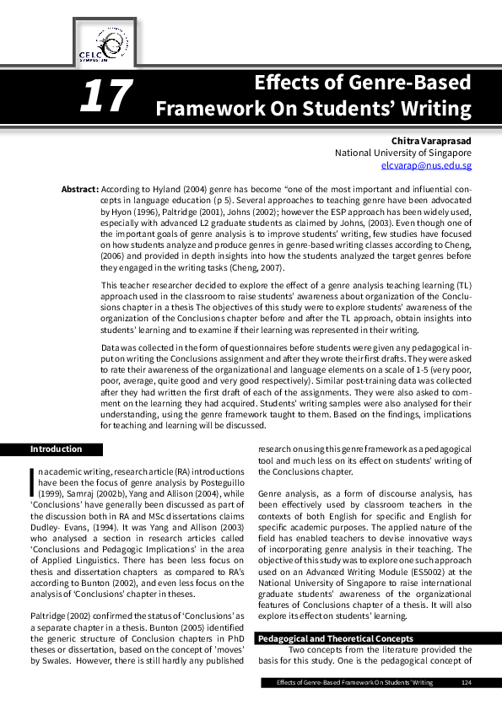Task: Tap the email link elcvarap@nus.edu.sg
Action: (427, 166)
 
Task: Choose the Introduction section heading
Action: (57, 449)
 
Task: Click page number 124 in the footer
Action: (466, 681)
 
